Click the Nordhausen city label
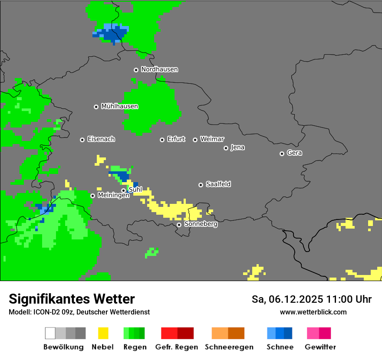[159, 69]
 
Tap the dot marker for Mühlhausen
[96, 107]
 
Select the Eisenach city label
[101, 139]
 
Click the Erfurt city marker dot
[162, 140]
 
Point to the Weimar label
[212, 139]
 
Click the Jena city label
[237, 147]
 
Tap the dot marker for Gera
[282, 154]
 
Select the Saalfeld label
[218, 184]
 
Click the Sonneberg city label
[201, 224]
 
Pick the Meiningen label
[113, 196]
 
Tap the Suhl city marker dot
[123, 190]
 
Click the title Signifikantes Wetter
[72, 299]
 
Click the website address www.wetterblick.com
[313, 312]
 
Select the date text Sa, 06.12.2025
[287, 299]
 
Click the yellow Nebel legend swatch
[103, 333]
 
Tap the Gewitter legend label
[320, 347]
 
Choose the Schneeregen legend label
[229, 347]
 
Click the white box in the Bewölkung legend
[50, 333]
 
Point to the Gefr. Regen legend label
[176, 347]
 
